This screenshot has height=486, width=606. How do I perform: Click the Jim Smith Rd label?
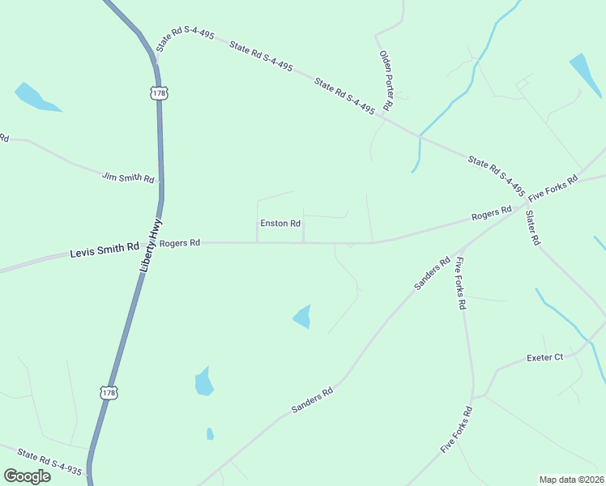(128, 177)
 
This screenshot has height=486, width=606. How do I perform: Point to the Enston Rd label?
(280, 224)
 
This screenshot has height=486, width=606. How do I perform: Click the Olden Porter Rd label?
(386, 80)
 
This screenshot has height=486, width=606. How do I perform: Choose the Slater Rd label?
(531, 228)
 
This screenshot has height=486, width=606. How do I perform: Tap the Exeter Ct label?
(544, 357)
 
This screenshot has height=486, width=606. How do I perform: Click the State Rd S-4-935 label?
(49, 463)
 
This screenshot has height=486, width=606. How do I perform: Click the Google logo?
(27, 475)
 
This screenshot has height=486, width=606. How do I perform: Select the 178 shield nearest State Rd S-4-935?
(109, 393)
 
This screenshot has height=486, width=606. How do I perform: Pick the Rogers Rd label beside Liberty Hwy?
(180, 243)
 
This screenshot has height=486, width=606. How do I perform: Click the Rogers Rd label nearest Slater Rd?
(492, 215)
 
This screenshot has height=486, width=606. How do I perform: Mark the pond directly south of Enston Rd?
(301, 316)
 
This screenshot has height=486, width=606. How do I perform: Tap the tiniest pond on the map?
(210, 433)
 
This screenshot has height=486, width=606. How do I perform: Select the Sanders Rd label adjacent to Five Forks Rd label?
(432, 274)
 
